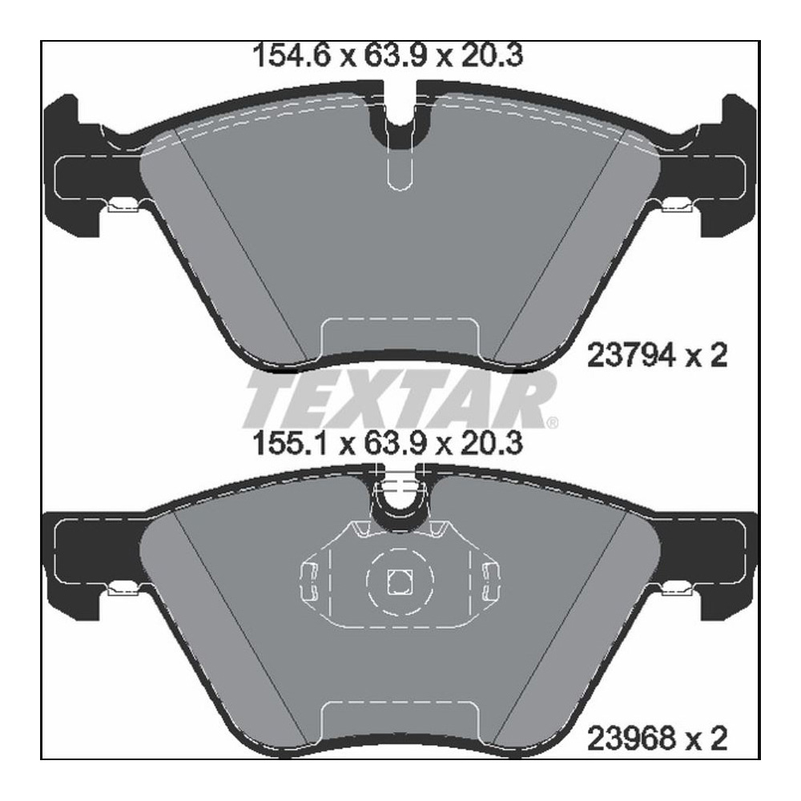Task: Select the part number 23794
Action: pos(624,355)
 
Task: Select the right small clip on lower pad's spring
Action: pos(490,582)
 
